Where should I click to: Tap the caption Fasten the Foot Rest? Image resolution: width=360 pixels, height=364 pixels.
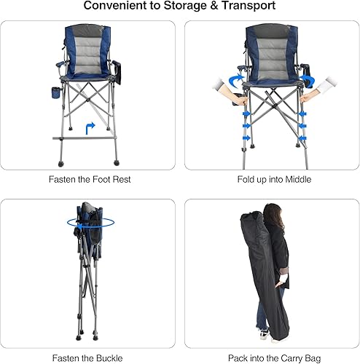[x=90, y=178]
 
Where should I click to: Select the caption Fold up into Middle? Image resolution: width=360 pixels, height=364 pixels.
[x=270, y=178]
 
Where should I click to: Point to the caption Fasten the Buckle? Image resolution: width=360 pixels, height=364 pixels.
[x=90, y=357]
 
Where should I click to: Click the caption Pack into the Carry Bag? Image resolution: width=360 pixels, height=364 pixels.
[x=270, y=357]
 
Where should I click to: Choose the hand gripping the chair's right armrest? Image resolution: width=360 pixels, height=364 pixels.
[x=312, y=93]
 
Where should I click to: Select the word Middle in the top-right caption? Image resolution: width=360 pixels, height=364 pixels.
[x=297, y=178]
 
